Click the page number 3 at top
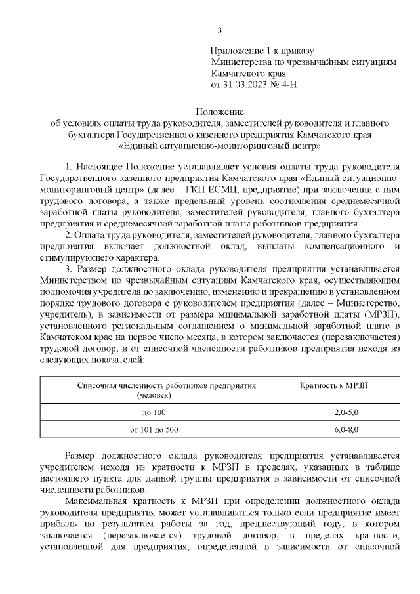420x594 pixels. coord(220,30)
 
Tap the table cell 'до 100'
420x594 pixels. coord(154,411)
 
